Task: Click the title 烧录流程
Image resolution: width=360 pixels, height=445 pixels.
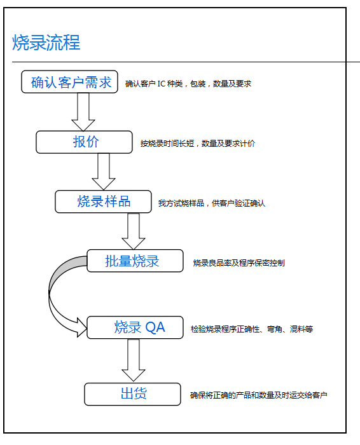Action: pos(46,43)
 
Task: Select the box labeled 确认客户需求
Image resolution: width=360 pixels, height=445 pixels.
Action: pos(69,82)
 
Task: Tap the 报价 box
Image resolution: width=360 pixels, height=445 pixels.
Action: pos(84,142)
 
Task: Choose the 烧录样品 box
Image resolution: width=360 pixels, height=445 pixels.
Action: pos(103,202)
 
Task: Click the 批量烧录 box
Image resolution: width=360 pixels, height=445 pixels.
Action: pos(135,261)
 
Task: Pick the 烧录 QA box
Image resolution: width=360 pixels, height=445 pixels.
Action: pos(135,327)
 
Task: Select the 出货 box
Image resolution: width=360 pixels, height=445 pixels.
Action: pos(132,394)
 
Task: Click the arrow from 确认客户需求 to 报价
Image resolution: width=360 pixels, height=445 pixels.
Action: pos(83,112)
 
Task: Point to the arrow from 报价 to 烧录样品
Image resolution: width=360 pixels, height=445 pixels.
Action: pos(104,172)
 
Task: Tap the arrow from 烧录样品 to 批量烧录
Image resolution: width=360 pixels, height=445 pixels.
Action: pos(134,231)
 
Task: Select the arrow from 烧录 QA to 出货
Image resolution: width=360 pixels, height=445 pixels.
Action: pos(134,360)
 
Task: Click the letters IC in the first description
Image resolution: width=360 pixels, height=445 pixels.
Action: pos(162,84)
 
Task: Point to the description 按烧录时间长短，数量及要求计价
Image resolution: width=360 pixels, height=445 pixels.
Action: pos(198,144)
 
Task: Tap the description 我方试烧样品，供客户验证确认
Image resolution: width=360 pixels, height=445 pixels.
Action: pos(212,203)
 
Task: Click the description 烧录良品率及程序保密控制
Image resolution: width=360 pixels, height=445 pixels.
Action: pos(239,263)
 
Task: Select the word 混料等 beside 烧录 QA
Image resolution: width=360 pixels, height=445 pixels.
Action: pos(301,329)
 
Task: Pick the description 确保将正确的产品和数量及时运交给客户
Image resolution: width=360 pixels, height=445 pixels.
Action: pos(259,395)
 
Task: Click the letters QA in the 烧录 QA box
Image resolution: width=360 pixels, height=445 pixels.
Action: pos(155,327)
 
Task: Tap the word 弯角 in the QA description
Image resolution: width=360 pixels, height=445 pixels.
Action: pos(275,329)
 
